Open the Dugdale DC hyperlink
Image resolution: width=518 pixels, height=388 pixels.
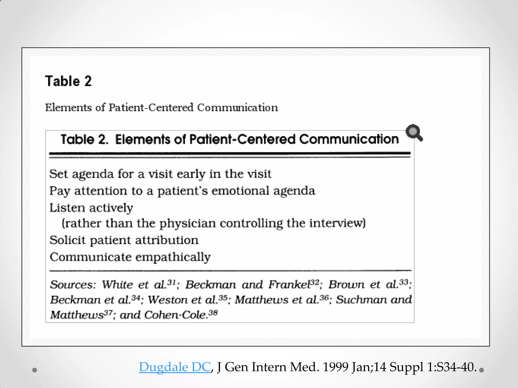click(175, 367)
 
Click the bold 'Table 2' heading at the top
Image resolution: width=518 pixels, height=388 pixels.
click(68, 81)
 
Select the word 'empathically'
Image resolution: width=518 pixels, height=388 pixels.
click(173, 257)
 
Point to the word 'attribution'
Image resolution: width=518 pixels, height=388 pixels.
click(167, 240)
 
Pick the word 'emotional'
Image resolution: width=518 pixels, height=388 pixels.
click(240, 191)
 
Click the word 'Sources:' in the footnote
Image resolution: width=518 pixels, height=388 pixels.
click(73, 285)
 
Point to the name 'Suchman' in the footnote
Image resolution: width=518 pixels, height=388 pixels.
click(361, 300)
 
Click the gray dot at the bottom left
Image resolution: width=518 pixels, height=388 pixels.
click(35, 370)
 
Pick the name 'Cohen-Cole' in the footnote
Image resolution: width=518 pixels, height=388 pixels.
click(176, 315)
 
